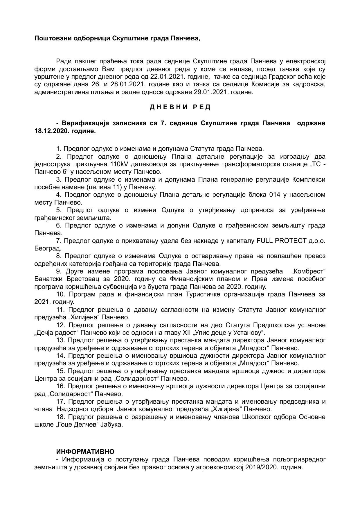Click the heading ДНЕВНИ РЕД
pyautogui.click(x=180, y=107)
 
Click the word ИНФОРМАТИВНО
pyautogui.click(x=85, y=452)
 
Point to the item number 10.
pyautogui.click(x=60, y=294)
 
